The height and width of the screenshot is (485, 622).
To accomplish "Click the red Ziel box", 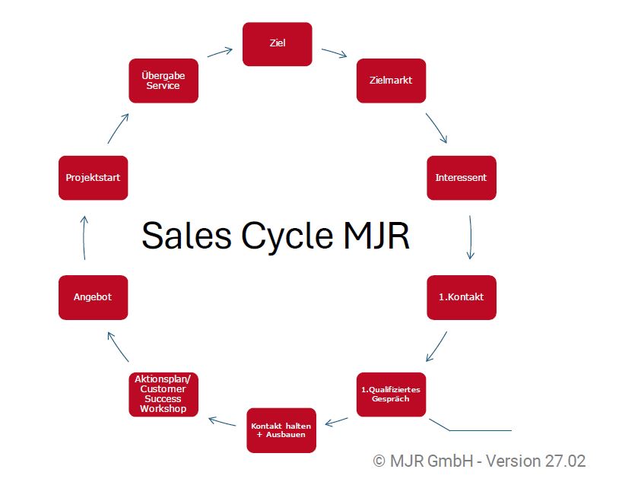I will point(277,44).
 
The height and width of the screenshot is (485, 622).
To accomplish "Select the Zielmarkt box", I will point(391,80).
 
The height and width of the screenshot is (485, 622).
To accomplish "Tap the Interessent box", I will point(461,178).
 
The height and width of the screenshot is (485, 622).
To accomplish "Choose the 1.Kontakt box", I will point(461,297).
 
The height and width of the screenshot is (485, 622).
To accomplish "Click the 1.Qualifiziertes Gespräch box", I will point(391,394).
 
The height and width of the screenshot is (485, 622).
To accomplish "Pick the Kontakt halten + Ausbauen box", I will point(281,430).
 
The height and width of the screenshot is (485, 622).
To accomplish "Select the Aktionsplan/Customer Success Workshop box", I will point(163,394).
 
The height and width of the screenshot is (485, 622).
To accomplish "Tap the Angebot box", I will point(93,297).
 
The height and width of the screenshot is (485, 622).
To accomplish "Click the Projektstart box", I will point(93,178).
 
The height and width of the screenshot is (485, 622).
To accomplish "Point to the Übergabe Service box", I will point(163,80).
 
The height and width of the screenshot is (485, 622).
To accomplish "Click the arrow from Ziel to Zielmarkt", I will point(334,53).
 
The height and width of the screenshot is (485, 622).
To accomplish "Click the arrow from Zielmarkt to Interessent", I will point(436,128).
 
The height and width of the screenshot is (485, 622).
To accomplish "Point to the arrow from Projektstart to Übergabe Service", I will point(118,128).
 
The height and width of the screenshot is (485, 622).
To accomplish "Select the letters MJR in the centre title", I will point(373,236).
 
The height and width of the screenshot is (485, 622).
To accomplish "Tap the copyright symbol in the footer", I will point(379,461).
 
